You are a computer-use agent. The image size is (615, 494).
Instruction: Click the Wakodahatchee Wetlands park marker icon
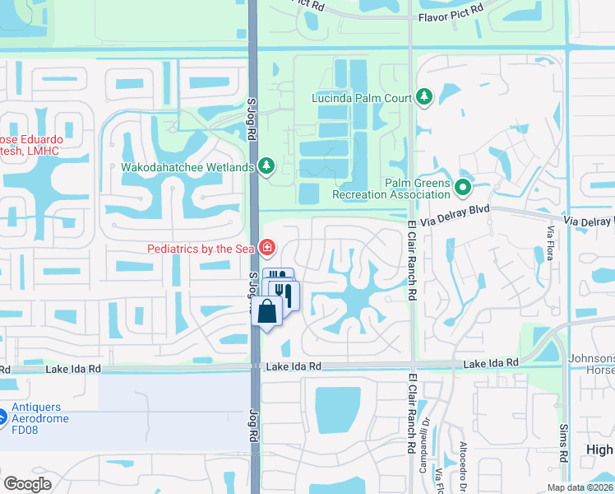tap(266, 167)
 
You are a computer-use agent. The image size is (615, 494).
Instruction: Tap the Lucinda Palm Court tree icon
tap(424, 98)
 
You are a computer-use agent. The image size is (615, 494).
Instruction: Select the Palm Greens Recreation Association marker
tap(463, 189)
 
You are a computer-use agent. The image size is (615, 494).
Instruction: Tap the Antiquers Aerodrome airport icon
tap(3, 417)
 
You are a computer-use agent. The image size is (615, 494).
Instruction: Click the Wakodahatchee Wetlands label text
tap(187, 168)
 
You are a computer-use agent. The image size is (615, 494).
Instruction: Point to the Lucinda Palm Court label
tap(361, 98)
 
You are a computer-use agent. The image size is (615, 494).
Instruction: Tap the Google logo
tap(27, 484)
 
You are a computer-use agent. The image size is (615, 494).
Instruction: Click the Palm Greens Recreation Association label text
tap(391, 189)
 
